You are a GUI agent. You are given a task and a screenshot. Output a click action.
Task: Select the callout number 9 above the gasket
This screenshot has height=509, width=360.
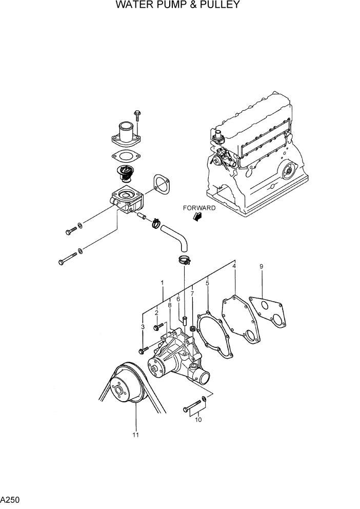(x=261, y=266)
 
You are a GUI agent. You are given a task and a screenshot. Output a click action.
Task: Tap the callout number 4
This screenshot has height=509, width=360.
(x=234, y=266)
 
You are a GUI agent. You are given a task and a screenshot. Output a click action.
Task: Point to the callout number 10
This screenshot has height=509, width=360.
(x=198, y=420)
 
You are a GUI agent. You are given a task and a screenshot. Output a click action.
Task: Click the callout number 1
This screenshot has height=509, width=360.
(x=162, y=283)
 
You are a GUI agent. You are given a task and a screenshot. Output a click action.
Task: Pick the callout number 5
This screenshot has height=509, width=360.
(x=208, y=283)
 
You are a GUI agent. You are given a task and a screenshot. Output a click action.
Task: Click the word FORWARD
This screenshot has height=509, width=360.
(x=201, y=208)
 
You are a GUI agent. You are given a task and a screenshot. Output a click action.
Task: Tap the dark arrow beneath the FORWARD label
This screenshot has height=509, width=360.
(x=196, y=218)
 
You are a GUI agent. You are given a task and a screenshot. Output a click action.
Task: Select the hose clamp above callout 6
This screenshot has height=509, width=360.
(x=184, y=260)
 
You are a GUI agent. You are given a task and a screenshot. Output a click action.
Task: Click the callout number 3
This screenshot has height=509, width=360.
(x=143, y=327)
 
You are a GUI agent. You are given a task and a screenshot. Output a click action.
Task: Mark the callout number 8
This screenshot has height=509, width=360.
(x=169, y=305)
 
